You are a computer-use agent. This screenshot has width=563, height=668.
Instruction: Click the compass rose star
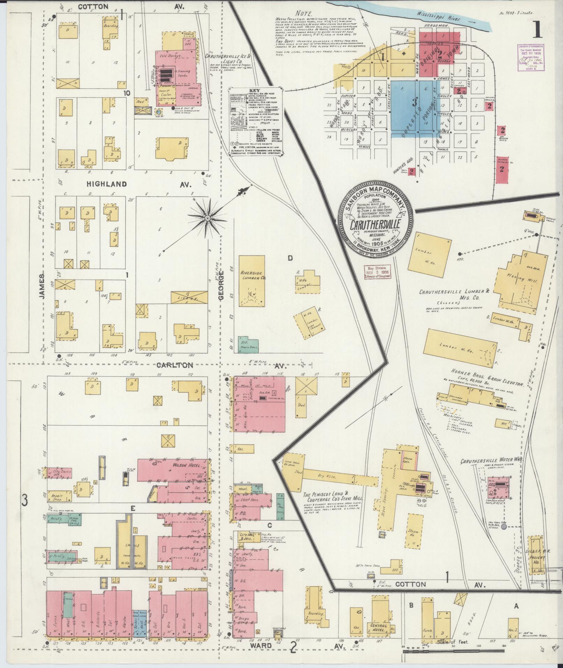coord(207,218)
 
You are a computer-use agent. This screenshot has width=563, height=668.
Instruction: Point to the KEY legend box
coord(255,120)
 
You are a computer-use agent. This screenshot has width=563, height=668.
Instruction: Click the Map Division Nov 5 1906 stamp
coord(377,271)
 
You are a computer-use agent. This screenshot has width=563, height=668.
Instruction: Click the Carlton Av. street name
coord(175,365)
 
